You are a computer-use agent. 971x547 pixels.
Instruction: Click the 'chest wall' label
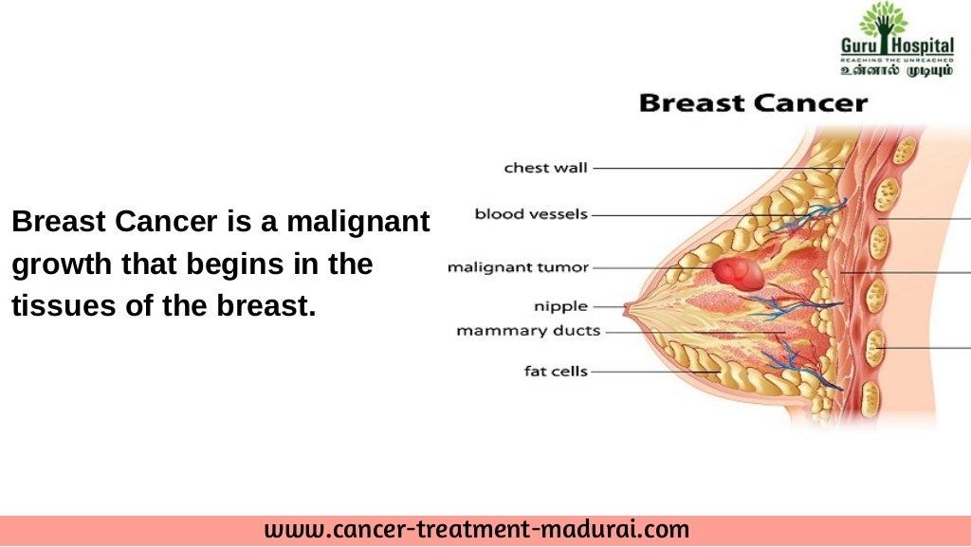coord(545,169)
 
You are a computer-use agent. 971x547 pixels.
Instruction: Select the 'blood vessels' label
coord(531,214)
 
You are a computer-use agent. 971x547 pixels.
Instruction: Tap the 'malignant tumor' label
coord(518,268)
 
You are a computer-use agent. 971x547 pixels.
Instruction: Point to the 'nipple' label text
coord(560,306)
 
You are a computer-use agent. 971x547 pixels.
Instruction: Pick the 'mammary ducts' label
coord(528,331)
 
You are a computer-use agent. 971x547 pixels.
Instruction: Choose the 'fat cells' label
coord(556,371)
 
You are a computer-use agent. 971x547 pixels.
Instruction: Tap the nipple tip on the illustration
coord(627,307)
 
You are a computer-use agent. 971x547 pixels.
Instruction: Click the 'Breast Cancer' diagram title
coord(753,102)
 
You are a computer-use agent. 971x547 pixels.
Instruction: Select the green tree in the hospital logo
coord(883,21)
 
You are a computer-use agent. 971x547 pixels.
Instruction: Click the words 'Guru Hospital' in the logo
coord(883,46)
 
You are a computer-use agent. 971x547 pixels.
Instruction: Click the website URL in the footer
coord(477,529)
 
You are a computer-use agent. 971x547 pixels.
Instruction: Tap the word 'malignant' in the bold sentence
coord(357,223)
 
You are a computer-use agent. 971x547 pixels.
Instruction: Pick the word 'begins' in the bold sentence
coord(224,264)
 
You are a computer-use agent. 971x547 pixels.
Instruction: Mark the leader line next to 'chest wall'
coord(711,169)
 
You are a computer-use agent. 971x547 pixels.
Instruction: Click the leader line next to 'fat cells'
coord(654,372)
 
